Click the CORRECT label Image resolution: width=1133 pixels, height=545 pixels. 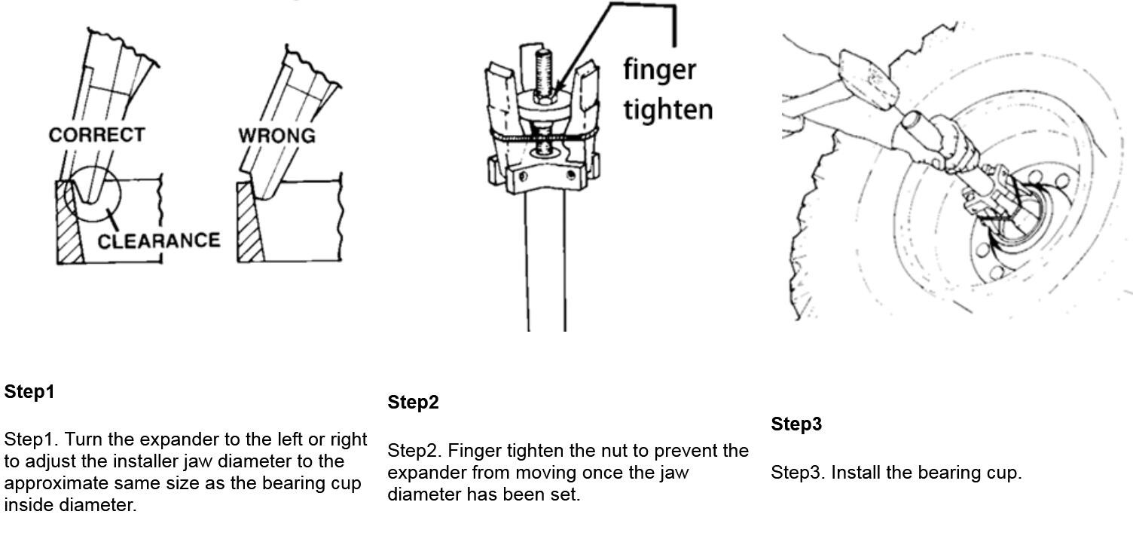(96, 135)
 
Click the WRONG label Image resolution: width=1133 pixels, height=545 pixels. (277, 136)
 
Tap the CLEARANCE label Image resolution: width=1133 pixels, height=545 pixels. (159, 241)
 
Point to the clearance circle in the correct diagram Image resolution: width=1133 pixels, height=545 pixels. (119, 194)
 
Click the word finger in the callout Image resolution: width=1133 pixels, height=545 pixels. (660, 69)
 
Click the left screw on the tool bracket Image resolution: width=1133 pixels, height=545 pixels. (523, 176)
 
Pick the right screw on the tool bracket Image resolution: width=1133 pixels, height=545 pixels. (571, 175)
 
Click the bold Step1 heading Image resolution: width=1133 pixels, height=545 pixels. (29, 391)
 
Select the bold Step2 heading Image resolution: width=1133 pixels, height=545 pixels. (414, 403)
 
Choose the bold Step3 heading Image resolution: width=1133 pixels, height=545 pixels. (796, 424)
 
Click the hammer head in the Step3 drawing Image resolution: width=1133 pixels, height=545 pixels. (869, 79)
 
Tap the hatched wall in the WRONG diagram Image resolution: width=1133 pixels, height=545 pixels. (249, 222)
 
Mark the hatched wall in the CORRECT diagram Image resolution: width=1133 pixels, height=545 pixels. (69, 222)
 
